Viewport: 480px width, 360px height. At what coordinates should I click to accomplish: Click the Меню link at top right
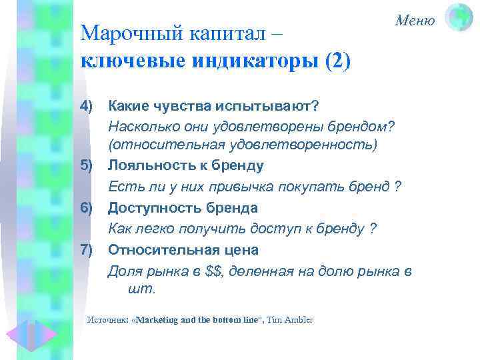click(415, 21)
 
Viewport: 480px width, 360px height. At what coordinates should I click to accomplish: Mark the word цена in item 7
click(242, 250)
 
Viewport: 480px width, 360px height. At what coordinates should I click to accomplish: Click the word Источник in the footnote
click(108, 320)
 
